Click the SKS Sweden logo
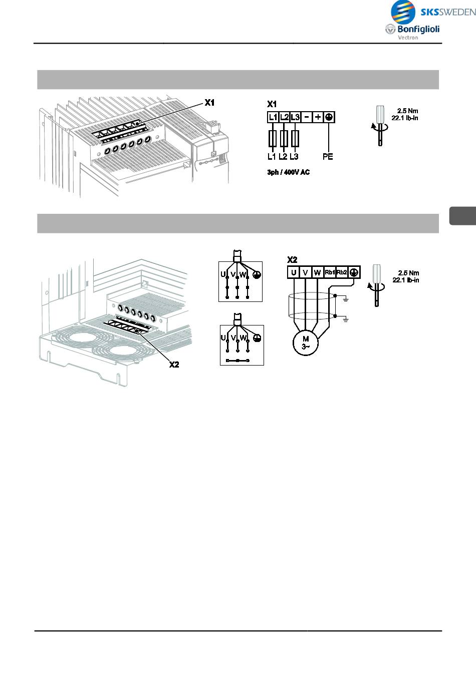432,12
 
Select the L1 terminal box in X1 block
273,117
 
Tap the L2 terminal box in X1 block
284,117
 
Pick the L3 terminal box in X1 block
295,117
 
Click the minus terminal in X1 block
307,117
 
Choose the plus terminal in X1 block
318,117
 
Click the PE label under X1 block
328,157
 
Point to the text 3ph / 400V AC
288,172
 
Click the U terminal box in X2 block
293,272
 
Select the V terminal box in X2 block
305,272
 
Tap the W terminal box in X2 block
317,272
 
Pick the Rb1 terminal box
330,272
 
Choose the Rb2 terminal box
342,272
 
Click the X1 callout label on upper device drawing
209,103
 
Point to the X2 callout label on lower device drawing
173,365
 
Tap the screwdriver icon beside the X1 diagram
380,125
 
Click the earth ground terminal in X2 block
354,272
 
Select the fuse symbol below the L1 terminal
273,138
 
